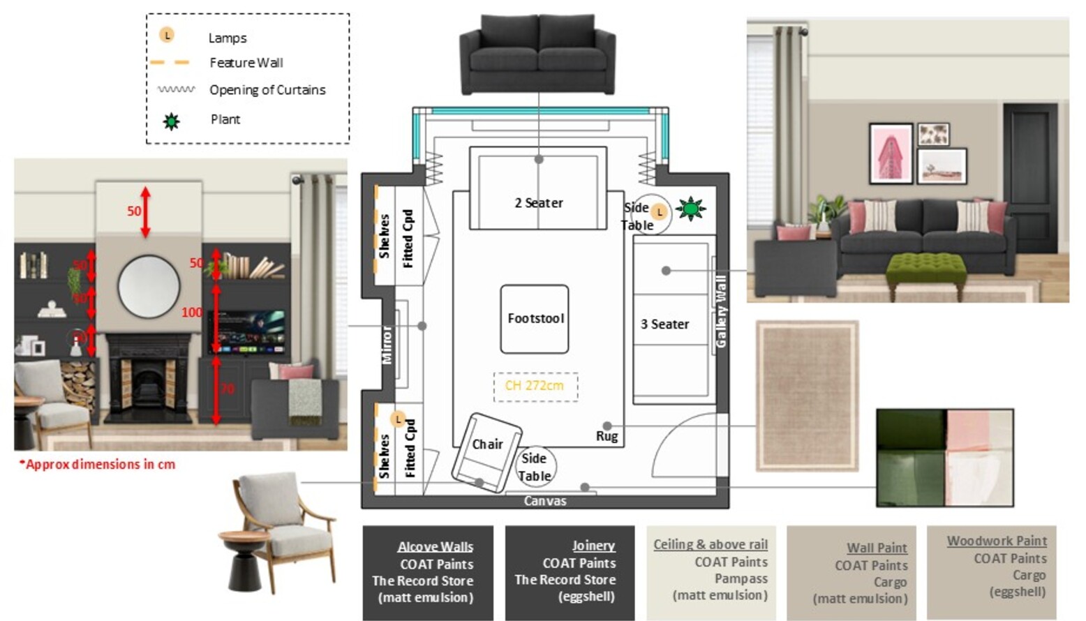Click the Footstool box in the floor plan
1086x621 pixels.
click(535, 319)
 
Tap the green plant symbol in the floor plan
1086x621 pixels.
click(690, 209)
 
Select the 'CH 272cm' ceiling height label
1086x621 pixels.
click(535, 386)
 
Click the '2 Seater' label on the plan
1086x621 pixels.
click(538, 203)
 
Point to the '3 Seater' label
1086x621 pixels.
click(664, 324)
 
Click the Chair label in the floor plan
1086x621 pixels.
click(487, 444)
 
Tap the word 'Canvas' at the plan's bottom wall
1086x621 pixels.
click(545, 501)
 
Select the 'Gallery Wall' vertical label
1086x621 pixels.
click(721, 311)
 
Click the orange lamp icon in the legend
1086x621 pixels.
click(167, 35)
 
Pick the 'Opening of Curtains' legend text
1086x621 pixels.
click(267, 90)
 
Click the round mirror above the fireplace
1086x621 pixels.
click(149, 286)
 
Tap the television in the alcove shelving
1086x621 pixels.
click(248, 331)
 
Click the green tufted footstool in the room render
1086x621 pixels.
click(925, 269)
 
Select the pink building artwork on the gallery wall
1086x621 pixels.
click(891, 154)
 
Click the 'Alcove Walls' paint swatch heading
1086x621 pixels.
click(435, 547)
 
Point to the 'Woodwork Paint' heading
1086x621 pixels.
click(996, 541)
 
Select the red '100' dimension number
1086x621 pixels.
click(192, 313)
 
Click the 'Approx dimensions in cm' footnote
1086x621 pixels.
click(98, 465)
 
